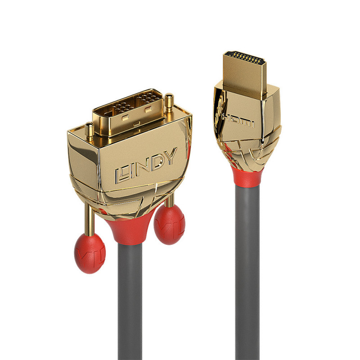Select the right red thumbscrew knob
pos(169,224)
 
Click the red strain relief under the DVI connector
pos(130,229)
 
